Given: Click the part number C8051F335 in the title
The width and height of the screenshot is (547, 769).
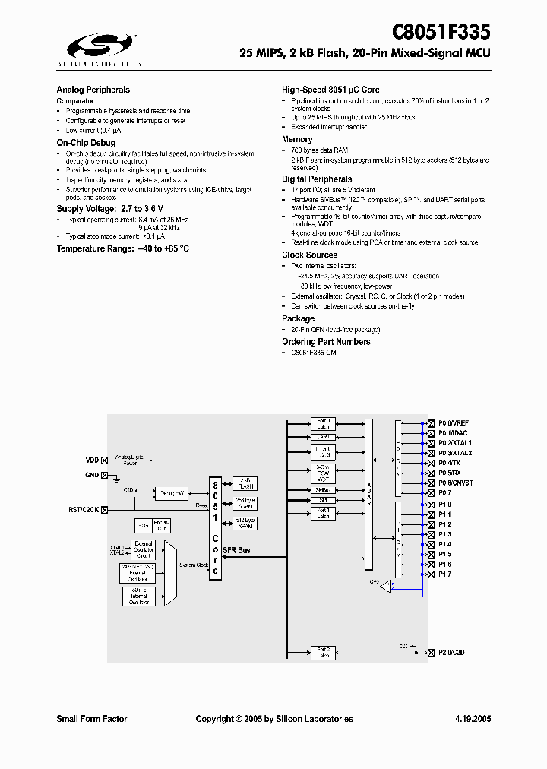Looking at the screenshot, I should coord(441,33).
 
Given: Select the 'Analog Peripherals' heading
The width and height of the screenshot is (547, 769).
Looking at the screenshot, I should coord(93,90).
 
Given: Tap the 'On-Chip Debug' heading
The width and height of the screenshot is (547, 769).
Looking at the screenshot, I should coord(86,143).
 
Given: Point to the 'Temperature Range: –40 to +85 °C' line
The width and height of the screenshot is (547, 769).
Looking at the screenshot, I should coord(122,248).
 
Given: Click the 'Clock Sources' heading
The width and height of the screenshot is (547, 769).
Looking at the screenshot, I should coord(309,255).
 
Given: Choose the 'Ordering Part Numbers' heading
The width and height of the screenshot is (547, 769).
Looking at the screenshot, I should coord(326,342).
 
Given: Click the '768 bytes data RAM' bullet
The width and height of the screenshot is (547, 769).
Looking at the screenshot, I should coord(320,150).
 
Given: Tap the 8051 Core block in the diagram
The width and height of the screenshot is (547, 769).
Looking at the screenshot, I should coord(215,528).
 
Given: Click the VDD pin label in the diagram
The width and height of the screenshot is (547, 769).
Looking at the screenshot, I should coord(92,460).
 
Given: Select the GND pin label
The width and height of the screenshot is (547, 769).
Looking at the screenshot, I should coord(92,475).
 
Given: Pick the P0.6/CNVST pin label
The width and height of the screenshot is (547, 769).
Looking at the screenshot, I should coord(456,483).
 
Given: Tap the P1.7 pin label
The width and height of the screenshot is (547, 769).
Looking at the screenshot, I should coord(444,574).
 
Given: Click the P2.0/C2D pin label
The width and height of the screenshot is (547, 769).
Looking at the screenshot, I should coord(453,652).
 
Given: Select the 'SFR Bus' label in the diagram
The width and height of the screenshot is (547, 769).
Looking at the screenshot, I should coord(238,550).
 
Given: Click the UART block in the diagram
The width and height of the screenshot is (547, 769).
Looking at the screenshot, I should coord(324,438).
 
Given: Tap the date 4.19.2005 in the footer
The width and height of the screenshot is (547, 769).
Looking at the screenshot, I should coord(473,719).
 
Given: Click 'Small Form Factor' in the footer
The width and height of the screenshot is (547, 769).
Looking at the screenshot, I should coord(92,719).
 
